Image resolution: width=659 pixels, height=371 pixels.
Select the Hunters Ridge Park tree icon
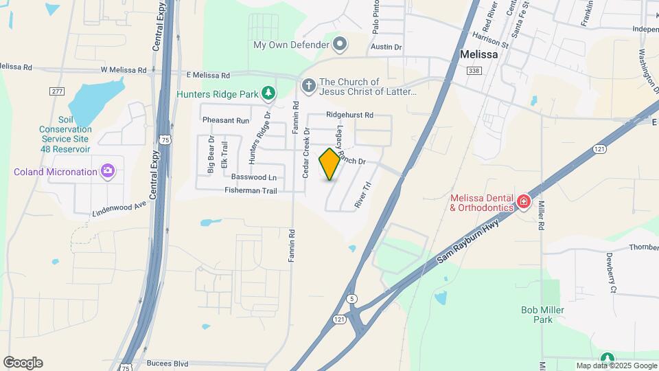pos(269,92)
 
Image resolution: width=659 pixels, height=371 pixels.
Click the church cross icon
pos(309,86)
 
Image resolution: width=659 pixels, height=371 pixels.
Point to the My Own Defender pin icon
pos(340,45)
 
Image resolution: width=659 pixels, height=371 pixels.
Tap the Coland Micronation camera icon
pos(107,171)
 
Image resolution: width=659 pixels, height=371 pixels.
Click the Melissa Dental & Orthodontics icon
pos(524,201)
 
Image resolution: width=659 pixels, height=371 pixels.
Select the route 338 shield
pos(473,70)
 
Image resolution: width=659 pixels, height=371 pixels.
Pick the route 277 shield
pos(57,91)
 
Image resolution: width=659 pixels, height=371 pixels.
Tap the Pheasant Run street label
pos(226,120)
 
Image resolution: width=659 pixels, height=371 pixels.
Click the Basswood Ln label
pos(254,177)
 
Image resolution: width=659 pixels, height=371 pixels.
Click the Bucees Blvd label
pos(167,363)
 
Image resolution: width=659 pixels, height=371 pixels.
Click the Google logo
pos(23,363)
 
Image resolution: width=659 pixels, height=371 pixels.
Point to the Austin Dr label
pos(385,47)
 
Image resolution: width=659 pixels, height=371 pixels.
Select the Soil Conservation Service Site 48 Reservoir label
pos(65,134)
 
